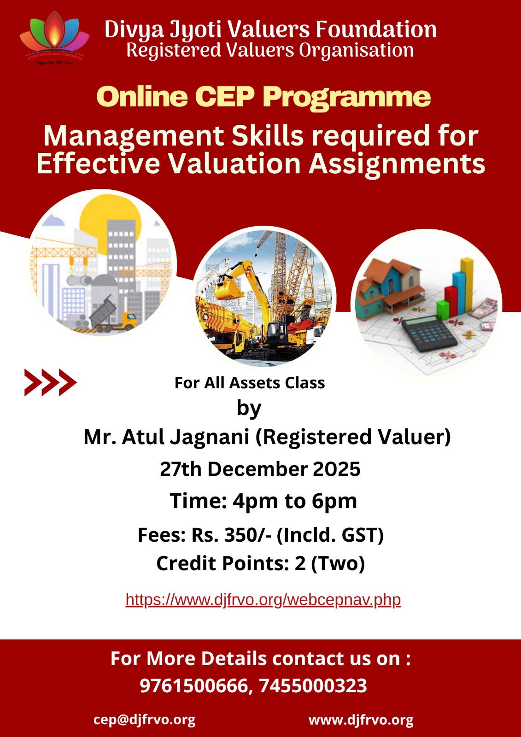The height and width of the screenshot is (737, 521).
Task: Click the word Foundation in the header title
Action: pyautogui.click(x=376, y=29)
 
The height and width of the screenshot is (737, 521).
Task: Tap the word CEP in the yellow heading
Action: pyautogui.click(x=225, y=97)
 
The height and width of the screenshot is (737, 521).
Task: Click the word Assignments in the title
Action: pyautogui.click(x=397, y=164)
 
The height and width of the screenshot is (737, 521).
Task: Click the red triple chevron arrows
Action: pyautogui.click(x=50, y=382)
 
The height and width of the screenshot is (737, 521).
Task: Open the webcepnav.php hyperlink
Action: pyautogui.click(x=263, y=599)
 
